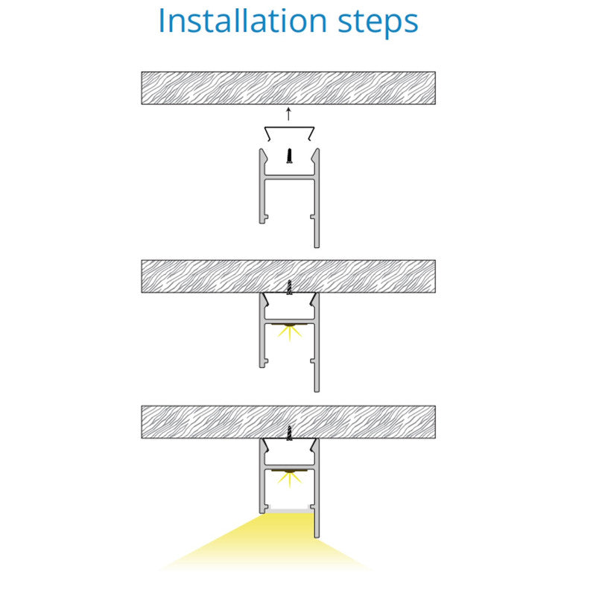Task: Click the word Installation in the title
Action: [243, 21]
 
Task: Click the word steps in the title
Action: [378, 23]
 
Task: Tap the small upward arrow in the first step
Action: [288, 114]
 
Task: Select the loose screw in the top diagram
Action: [290, 156]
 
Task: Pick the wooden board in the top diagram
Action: [288, 88]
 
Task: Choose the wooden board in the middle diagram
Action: [288, 276]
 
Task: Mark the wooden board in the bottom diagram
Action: [288, 422]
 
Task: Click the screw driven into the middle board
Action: [290, 288]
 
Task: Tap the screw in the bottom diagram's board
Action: [290, 433]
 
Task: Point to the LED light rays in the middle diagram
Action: [290, 332]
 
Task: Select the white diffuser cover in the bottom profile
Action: [289, 510]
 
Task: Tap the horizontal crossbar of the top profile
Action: [290, 177]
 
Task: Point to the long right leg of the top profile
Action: [317, 198]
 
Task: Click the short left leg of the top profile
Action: [262, 186]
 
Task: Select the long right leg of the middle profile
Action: [317, 343]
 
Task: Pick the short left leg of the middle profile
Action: [262, 330]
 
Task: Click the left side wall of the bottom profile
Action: [262, 476]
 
